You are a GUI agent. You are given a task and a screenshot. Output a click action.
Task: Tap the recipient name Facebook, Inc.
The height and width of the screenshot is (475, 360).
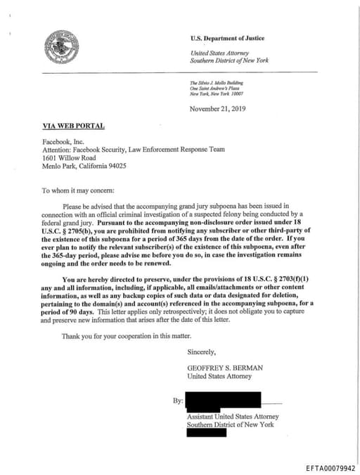64,141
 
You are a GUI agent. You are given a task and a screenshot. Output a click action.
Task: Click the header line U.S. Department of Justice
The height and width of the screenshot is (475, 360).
227,38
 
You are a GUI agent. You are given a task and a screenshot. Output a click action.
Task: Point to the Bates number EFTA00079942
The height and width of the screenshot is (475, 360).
330,467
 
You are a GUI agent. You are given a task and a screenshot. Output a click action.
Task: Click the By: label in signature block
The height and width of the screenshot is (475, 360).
178,401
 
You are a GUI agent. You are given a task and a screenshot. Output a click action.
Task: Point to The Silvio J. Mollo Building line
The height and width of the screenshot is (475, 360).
214,83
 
